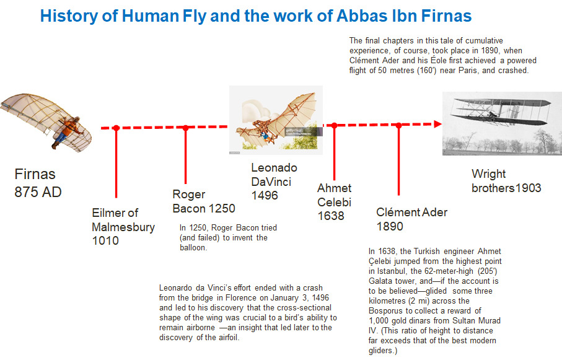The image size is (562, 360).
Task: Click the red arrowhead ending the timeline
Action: point(437,124)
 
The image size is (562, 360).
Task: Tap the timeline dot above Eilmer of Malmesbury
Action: point(116,128)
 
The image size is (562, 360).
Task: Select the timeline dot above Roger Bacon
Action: point(185,127)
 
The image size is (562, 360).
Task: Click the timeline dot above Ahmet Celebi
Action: point(334,125)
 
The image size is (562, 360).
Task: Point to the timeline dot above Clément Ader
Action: point(398,125)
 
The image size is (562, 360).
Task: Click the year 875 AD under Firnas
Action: point(38,192)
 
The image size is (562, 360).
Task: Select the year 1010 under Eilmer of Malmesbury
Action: point(105,240)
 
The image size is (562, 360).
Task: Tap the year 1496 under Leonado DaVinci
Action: point(265,195)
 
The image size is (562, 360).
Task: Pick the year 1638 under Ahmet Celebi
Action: point(331,216)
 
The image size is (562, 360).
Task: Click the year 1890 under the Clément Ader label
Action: point(390,226)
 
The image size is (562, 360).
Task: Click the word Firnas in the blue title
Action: point(446,15)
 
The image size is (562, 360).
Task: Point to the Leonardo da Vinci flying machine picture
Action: point(276,120)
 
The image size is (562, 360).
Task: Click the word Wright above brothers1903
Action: point(488,174)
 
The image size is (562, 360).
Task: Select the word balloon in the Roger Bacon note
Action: point(193,248)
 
